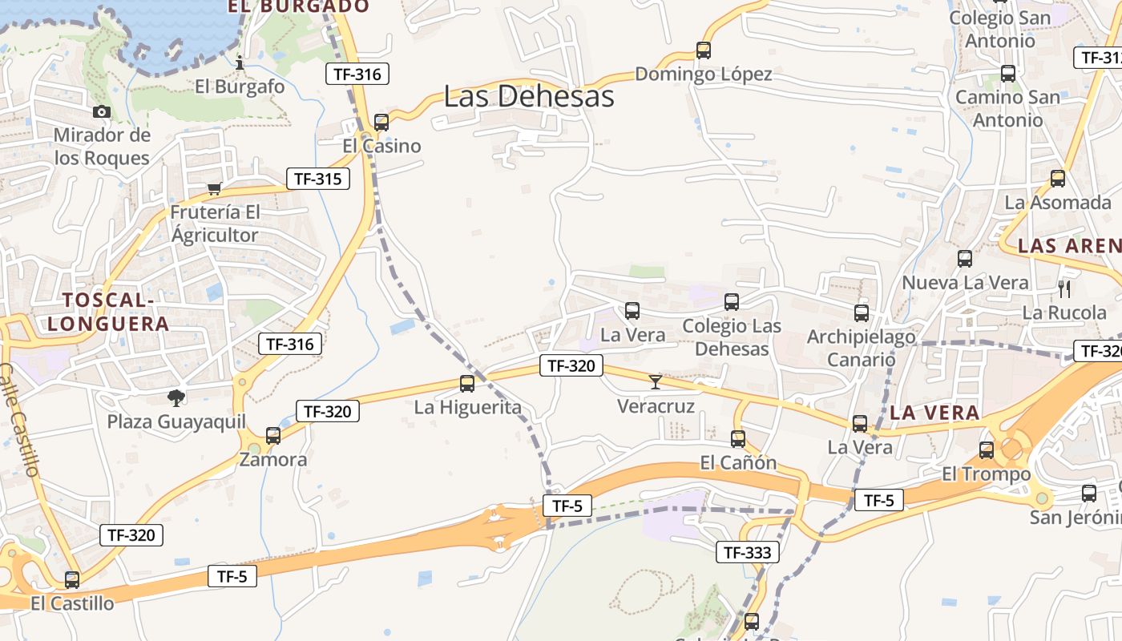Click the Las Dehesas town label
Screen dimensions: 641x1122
click(x=529, y=96)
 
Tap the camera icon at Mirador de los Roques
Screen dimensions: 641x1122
click(x=102, y=112)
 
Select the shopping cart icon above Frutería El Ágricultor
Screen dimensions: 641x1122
click(x=214, y=189)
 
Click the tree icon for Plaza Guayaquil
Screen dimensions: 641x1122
click(x=176, y=397)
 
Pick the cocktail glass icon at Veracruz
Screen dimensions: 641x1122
click(x=656, y=382)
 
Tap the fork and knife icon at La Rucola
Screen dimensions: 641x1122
click(x=1064, y=288)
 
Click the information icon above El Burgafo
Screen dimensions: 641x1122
click(x=240, y=62)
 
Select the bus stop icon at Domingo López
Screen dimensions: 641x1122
click(x=704, y=50)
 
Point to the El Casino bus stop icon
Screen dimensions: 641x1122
click(x=381, y=123)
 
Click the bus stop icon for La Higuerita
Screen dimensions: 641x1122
click(x=467, y=384)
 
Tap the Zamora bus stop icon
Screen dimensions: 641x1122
click(x=273, y=436)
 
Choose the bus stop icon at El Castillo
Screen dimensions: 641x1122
click(x=72, y=580)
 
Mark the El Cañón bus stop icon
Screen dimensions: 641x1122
click(x=738, y=439)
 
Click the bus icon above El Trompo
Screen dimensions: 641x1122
click(x=987, y=450)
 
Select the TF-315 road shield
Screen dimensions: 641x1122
click(x=318, y=179)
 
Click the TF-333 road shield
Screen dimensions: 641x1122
click(x=747, y=552)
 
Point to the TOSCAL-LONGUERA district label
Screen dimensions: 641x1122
click(x=108, y=312)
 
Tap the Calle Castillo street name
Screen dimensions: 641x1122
click(x=20, y=421)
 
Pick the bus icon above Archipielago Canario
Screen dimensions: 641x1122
click(x=862, y=313)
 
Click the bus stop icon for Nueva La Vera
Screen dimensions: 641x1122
click(x=965, y=259)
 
